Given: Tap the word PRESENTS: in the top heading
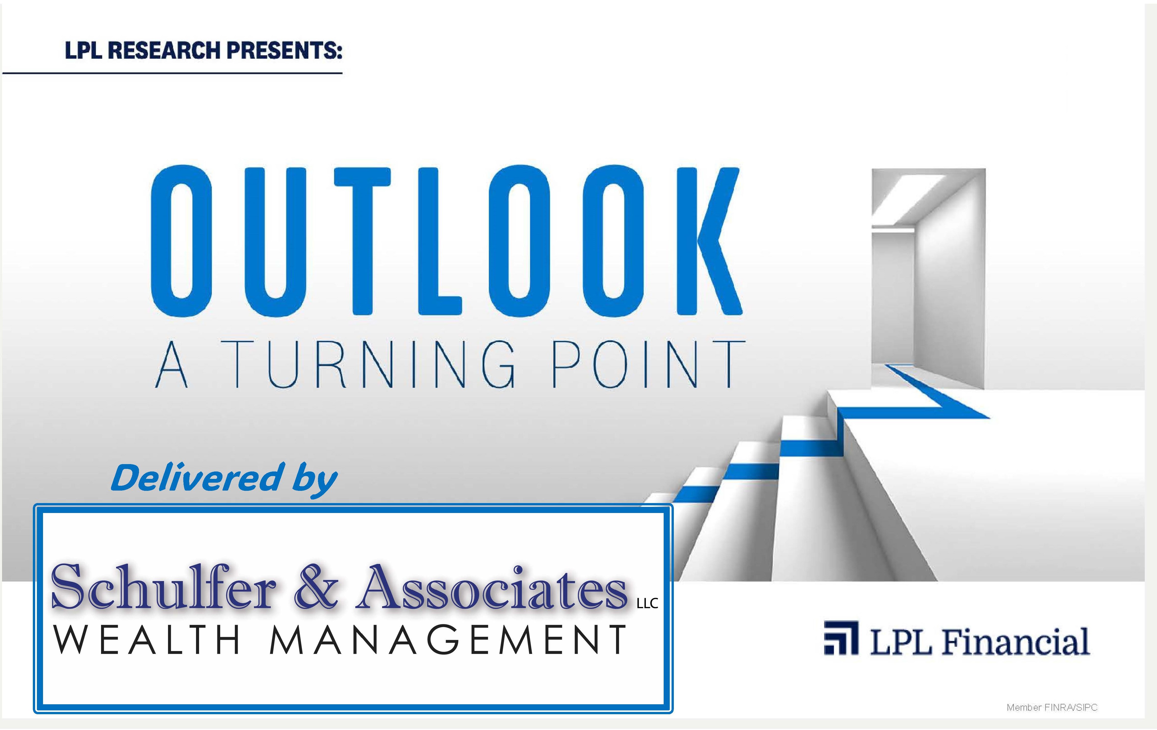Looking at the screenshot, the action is pos(284,50).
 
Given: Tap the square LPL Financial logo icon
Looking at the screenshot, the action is pos(841,638).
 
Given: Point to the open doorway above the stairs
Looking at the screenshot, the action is pos(928,279).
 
